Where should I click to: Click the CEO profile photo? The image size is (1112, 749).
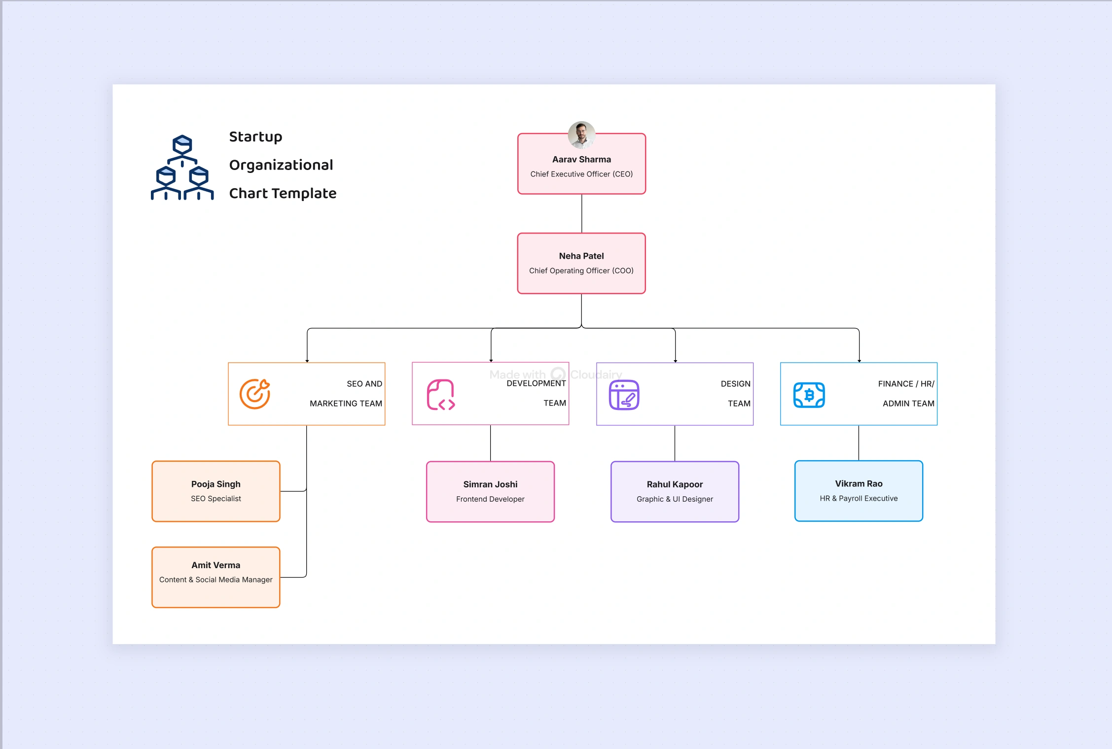pyautogui.click(x=581, y=135)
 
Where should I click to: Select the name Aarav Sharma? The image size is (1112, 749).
pyautogui.click(x=581, y=159)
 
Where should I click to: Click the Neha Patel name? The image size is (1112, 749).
pyautogui.click(x=581, y=256)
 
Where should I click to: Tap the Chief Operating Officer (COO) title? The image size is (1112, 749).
pyautogui.click(x=581, y=271)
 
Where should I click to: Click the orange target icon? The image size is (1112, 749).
pyautogui.click(x=254, y=394)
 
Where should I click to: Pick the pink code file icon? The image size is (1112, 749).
pyautogui.click(x=440, y=394)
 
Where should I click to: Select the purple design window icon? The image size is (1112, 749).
pyautogui.click(x=624, y=395)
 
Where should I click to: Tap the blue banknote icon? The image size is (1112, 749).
pyautogui.click(x=809, y=395)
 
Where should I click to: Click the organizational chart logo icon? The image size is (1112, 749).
pyautogui.click(x=182, y=168)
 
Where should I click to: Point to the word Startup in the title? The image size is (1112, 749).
pyautogui.click(x=255, y=136)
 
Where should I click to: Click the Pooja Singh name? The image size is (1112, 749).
pyautogui.click(x=215, y=484)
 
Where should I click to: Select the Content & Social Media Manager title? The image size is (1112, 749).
pyautogui.click(x=215, y=579)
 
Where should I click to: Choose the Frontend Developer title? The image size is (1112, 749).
pyautogui.click(x=490, y=499)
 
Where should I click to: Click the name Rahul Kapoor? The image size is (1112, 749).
pyautogui.click(x=675, y=484)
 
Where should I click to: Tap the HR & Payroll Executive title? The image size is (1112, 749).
pyautogui.click(x=859, y=498)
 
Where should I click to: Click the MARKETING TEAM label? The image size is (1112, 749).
pyautogui.click(x=346, y=403)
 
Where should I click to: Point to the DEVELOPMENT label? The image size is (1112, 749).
pyautogui.click(x=536, y=383)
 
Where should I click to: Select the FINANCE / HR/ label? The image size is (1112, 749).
pyautogui.click(x=906, y=383)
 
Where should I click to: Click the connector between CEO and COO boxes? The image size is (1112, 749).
pyautogui.click(x=582, y=213)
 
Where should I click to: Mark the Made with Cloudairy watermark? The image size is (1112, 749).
pyautogui.click(x=556, y=374)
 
